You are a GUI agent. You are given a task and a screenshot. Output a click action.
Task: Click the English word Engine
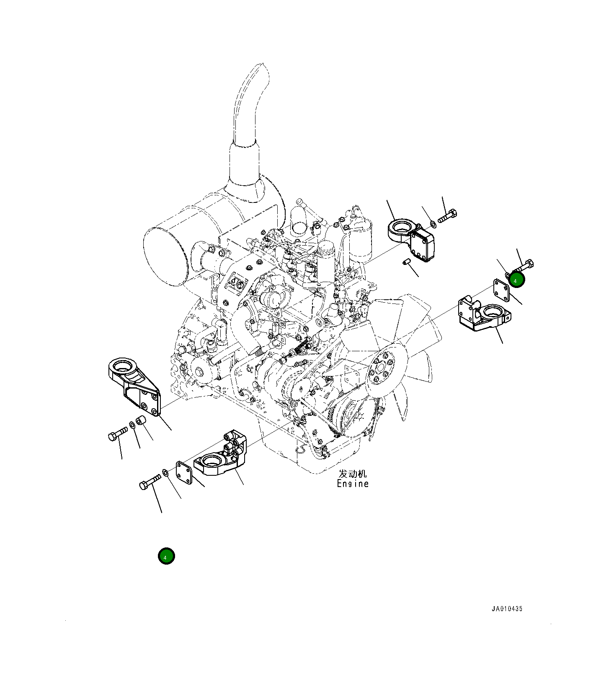coord(353,484)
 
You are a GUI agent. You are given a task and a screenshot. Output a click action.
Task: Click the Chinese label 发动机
coord(353,474)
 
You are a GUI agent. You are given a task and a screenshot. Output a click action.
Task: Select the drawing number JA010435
coord(507,609)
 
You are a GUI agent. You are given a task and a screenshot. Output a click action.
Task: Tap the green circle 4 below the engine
coord(166,556)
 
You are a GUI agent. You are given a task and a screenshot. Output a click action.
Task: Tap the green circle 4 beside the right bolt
coord(517,280)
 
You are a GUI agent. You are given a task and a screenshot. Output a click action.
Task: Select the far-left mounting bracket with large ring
coord(133,386)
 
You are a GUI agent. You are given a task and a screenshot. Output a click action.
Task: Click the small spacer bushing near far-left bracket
coord(141,420)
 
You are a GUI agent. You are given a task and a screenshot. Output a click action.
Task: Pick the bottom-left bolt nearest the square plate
coord(150,482)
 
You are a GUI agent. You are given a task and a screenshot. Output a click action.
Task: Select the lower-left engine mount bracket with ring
coord(221,459)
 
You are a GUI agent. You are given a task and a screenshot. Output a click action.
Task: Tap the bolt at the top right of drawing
coord(447,217)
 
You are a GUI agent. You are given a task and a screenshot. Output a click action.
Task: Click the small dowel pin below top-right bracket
coord(405,263)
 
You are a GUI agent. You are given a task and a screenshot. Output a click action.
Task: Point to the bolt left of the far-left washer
coord(117,434)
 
